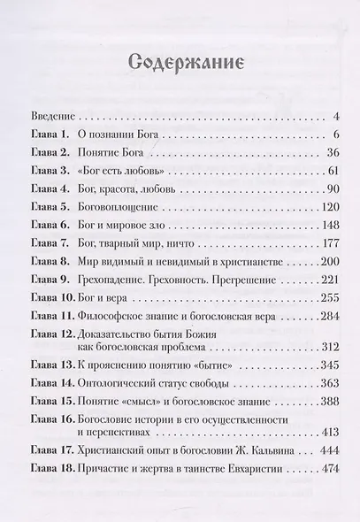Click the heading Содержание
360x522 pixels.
[180, 64]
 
